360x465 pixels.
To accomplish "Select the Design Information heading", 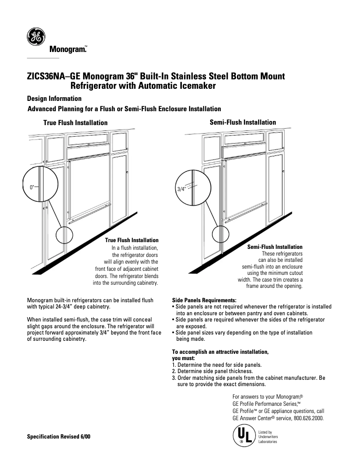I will click(54, 99).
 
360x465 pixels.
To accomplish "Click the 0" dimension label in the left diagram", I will click(32, 186).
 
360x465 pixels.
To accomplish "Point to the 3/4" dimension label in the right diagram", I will click(182, 189).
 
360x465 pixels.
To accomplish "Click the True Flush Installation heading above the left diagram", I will click(75, 122).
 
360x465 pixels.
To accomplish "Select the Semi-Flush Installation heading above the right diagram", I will click(243, 122).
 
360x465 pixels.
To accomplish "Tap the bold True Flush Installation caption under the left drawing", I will click(132, 240).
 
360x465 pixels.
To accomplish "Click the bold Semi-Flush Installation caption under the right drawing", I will click(275, 247).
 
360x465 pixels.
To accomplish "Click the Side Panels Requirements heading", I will click(204, 300).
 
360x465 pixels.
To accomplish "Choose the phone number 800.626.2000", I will click(308, 418).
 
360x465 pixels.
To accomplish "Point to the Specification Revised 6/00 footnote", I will click(59, 436).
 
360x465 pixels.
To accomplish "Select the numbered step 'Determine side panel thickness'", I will click(212, 371).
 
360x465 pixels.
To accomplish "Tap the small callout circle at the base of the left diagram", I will click(64, 235).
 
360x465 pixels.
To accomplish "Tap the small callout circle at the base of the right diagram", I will click(220, 234).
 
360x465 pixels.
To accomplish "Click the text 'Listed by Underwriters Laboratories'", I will click(268, 437).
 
